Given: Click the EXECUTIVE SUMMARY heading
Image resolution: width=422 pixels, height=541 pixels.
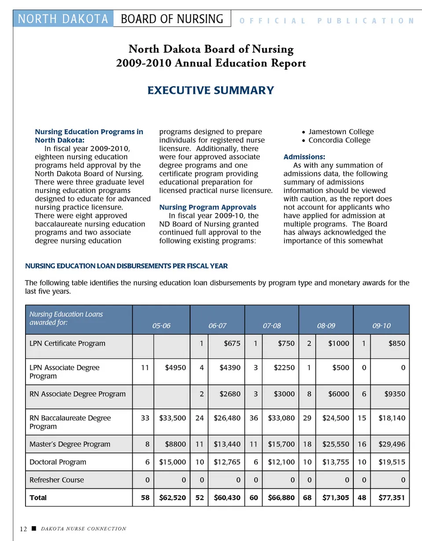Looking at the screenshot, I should pyautogui.click(x=211, y=90).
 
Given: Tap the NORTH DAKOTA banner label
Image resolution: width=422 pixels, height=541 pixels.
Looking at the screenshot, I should pyautogui.click(x=63, y=19).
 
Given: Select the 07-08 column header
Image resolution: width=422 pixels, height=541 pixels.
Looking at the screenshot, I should pyautogui.click(x=272, y=326).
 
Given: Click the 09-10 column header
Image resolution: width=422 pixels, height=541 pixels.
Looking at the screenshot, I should pyautogui.click(x=381, y=326).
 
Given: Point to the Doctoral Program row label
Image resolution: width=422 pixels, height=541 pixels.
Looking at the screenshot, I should pyautogui.click(x=58, y=462).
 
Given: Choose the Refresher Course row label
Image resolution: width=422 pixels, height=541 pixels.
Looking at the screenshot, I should pyautogui.click(x=56, y=480).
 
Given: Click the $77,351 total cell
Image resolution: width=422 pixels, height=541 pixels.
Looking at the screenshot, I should pyautogui.click(x=392, y=498).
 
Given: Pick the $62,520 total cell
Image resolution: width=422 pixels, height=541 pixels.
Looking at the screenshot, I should pyautogui.click(x=172, y=498).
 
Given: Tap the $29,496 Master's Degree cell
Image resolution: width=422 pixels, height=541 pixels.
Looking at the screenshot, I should pyautogui.click(x=392, y=444).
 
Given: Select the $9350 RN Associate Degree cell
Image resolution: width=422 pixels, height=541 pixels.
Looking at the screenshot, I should pyautogui.click(x=394, y=394).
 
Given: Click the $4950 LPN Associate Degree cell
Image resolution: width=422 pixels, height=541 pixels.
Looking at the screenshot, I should pyautogui.click(x=175, y=368).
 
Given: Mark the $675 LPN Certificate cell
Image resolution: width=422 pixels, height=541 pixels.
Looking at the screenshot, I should pyautogui.click(x=232, y=344).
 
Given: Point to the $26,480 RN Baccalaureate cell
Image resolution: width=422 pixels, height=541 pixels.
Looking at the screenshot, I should pyautogui.click(x=227, y=418).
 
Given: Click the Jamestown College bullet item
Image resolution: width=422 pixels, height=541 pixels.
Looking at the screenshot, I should pyautogui.click(x=341, y=132).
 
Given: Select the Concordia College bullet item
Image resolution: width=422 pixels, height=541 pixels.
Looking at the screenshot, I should pyautogui.click(x=339, y=140).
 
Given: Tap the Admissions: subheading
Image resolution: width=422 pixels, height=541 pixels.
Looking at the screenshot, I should pyautogui.click(x=304, y=157).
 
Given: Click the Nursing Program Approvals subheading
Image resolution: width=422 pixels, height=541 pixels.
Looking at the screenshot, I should pyautogui.click(x=207, y=207).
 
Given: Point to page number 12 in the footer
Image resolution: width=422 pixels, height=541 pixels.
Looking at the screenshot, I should pyautogui.click(x=23, y=529).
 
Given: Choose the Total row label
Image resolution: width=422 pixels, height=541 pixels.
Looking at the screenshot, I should pyautogui.click(x=38, y=498).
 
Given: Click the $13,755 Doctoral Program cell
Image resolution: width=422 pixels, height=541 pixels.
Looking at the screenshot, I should pyautogui.click(x=335, y=462).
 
